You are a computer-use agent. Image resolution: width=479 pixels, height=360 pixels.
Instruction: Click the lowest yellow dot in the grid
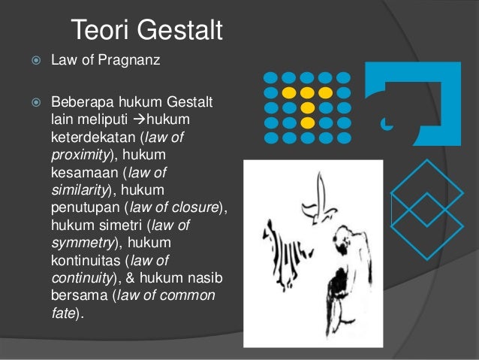pos(307,123)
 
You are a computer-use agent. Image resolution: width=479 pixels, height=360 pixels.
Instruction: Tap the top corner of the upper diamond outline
pos(429,160)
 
